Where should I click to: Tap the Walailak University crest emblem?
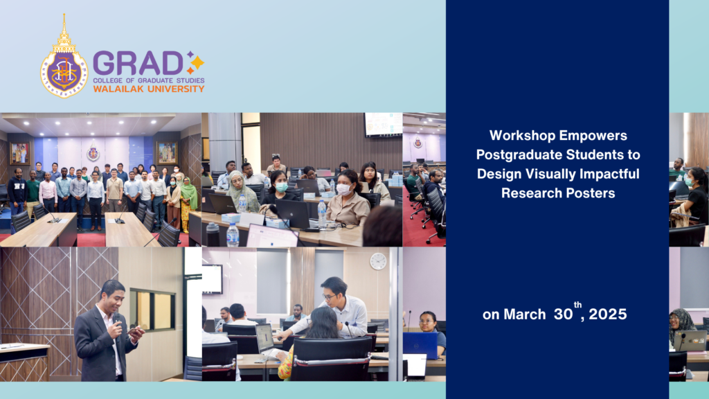[x=64, y=58]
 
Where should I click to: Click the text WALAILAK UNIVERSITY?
[x=148, y=89]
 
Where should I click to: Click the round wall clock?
[x=378, y=261]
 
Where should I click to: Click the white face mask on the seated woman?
[x=343, y=188]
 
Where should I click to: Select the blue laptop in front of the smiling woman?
[x=420, y=345]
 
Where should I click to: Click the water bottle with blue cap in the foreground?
[x=233, y=235]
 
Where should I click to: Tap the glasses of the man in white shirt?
[x=330, y=293]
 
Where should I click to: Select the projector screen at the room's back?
[x=383, y=124]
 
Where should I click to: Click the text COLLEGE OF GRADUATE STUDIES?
[x=148, y=80]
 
